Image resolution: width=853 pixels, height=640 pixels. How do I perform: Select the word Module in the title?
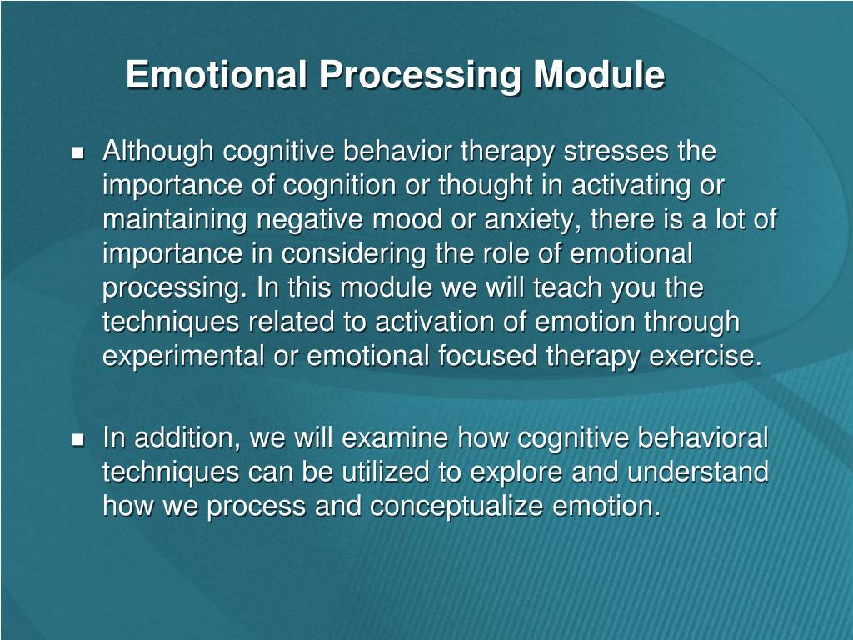point(599,76)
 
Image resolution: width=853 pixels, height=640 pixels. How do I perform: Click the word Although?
point(158,152)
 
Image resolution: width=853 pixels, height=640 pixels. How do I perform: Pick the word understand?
point(697,472)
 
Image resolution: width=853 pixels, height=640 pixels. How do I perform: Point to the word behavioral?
point(704,437)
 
